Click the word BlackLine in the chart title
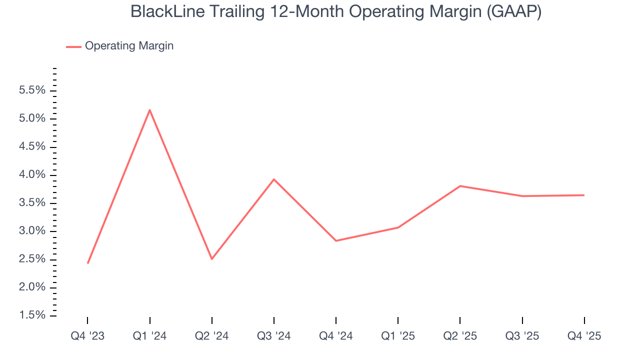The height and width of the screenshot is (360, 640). click(161, 12)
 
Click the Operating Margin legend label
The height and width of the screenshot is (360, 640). click(129, 46)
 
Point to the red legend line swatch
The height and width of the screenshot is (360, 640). click(73, 46)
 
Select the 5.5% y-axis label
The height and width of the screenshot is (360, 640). click(32, 90)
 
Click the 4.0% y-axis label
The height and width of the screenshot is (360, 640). click(32, 175)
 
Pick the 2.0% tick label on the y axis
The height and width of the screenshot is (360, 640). click(32, 287)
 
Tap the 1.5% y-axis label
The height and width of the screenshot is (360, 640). click(32, 315)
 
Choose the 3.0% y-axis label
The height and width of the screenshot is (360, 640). click(32, 231)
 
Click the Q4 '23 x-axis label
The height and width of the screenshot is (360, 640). click(87, 336)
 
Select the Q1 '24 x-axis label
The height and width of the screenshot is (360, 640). click(149, 336)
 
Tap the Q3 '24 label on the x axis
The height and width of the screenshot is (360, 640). click(274, 336)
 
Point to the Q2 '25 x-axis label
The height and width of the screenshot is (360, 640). click(460, 336)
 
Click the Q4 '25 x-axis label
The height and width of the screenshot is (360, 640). click(584, 336)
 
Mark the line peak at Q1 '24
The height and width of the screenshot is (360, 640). click(150, 110)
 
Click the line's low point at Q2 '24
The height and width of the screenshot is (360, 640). click(212, 259)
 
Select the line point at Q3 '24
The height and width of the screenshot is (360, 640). click(274, 179)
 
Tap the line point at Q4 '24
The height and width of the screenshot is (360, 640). click(336, 240)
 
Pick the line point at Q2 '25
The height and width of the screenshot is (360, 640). click(460, 186)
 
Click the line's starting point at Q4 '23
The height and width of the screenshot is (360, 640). click(88, 263)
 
